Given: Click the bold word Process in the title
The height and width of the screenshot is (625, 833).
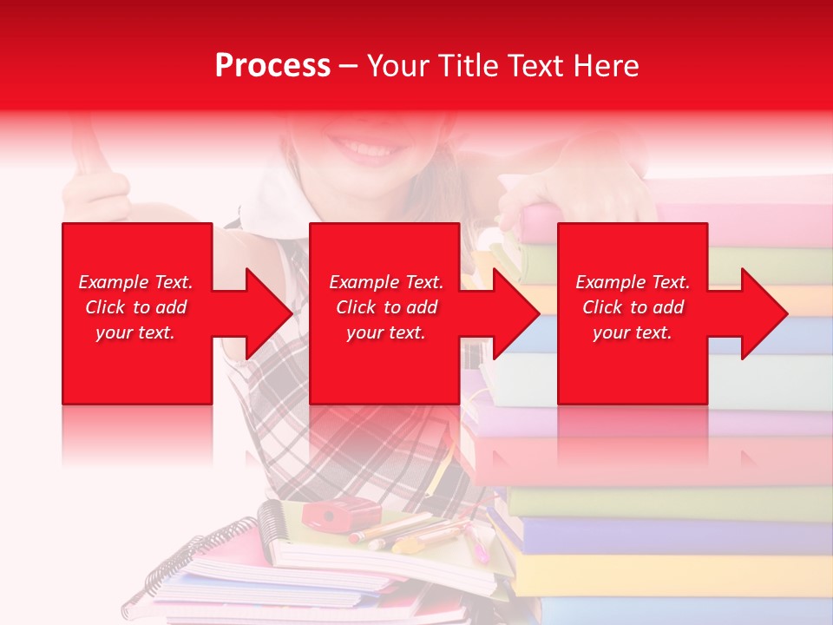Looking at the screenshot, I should tap(272, 66).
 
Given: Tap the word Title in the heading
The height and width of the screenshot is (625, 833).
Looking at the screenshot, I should tap(468, 66).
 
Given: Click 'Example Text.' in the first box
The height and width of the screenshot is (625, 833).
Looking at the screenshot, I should tap(135, 282).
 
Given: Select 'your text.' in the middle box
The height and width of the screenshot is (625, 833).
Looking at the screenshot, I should tap(385, 332).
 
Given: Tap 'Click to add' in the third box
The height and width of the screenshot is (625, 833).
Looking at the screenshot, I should tap(633, 307).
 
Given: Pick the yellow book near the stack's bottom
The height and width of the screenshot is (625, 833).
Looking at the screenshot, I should tap(668, 574).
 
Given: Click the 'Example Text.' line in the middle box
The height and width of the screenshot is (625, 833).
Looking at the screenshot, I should tap(385, 282).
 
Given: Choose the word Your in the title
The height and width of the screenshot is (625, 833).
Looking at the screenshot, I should tap(399, 66).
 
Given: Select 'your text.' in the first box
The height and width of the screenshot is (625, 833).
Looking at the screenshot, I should tap(135, 332).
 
